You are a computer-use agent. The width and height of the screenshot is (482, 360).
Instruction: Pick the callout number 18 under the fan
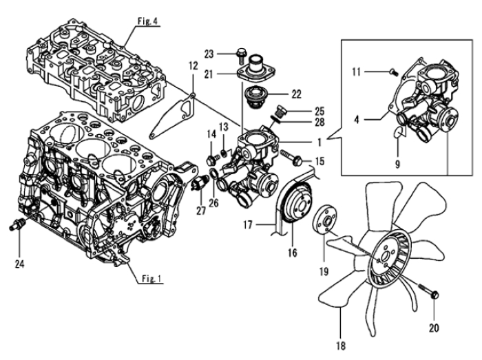click(x=341, y=346)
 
